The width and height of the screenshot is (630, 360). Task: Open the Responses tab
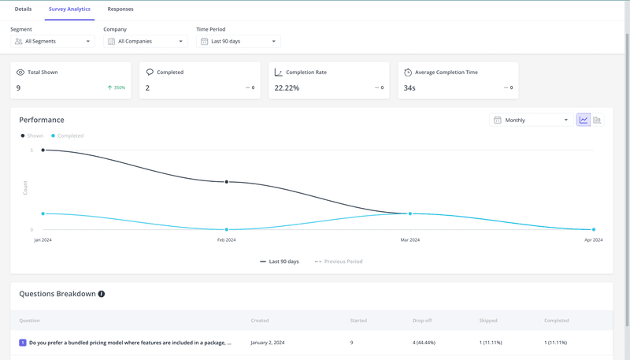click(120, 9)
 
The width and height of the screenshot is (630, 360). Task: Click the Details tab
click(23, 9)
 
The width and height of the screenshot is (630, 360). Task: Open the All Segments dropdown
click(53, 41)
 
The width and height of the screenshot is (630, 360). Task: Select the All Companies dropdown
click(146, 41)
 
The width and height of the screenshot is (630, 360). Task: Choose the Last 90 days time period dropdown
click(239, 41)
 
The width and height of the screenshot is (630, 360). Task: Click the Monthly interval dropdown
click(531, 121)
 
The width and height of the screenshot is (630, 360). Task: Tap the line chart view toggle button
click(584, 121)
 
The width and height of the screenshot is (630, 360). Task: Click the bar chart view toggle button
click(597, 121)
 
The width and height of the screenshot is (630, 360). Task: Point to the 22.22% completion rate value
click(287, 88)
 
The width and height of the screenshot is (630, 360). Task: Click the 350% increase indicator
click(117, 88)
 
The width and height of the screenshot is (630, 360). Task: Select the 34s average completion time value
click(409, 88)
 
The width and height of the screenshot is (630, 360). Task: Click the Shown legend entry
click(32, 135)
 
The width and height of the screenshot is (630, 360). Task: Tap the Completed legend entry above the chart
click(68, 135)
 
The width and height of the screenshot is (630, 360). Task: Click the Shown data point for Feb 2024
click(227, 182)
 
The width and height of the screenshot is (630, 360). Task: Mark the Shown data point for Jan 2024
click(43, 150)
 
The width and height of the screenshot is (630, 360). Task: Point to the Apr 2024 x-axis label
click(593, 239)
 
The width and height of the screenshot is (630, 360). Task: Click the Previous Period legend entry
click(339, 262)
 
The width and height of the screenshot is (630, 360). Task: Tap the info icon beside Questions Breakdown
click(102, 294)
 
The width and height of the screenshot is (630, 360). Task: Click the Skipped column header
click(487, 321)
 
